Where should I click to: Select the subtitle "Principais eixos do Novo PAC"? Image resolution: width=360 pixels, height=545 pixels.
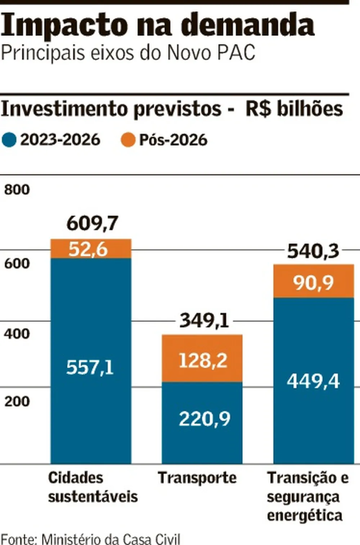click(x=128, y=53)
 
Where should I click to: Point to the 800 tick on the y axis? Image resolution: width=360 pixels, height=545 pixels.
click(x=17, y=190)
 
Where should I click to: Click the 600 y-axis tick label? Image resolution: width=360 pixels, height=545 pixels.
click(x=17, y=264)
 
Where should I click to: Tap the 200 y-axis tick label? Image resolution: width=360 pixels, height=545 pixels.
click(x=17, y=401)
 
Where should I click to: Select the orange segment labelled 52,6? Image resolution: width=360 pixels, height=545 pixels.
click(x=91, y=249)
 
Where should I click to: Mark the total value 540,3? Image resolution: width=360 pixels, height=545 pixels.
click(x=313, y=252)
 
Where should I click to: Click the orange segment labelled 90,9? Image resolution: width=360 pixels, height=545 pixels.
click(x=314, y=282)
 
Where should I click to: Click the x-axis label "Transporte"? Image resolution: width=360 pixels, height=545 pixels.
click(x=197, y=478)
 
